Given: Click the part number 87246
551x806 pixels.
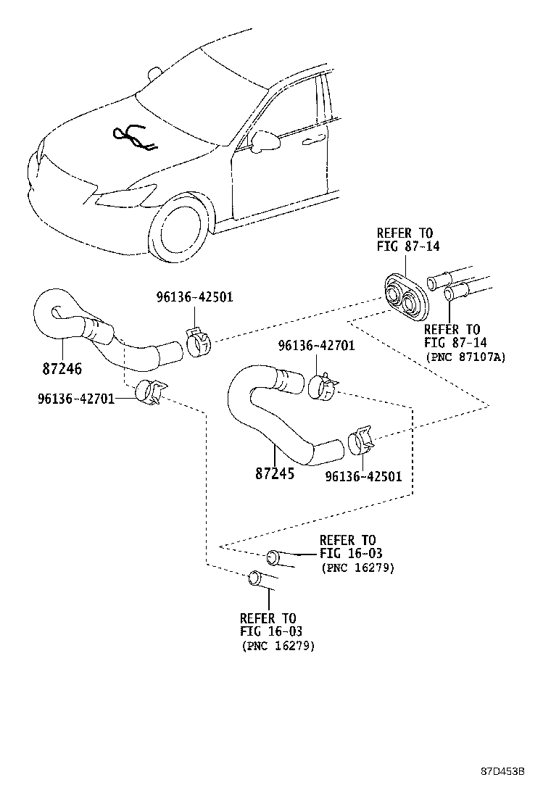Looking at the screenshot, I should tap(62, 368).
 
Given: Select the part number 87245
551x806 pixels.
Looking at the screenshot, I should tap(275, 475).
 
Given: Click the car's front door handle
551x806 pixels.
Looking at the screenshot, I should tap(314, 139).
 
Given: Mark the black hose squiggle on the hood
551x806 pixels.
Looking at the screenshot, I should tap(134, 138).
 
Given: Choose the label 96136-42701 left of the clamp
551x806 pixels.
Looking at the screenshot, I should tap(75, 398).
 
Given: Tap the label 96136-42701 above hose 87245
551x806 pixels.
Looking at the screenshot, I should tap(316, 346).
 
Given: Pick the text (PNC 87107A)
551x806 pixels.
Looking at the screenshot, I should tap(465, 357).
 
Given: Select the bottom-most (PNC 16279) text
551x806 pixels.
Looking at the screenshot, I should tap(278, 645).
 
